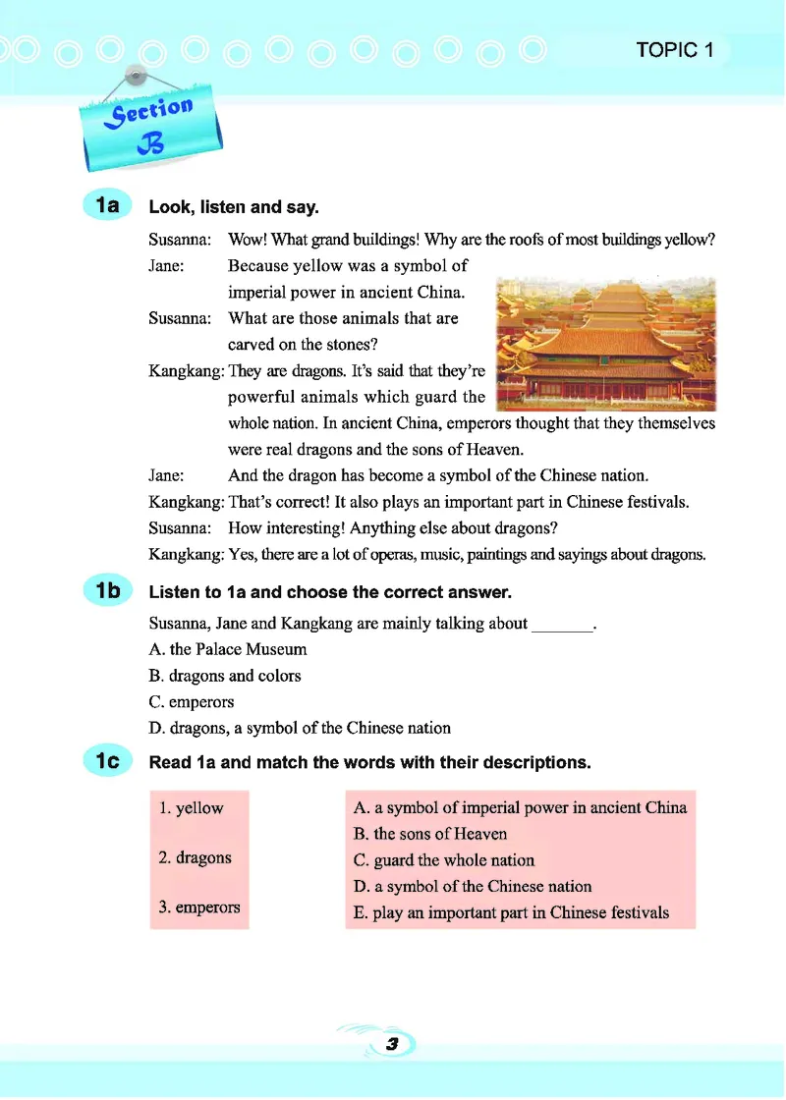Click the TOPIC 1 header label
674,50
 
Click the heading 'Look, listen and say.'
234,207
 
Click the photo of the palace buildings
606,343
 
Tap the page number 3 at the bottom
391,1045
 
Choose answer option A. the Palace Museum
227,649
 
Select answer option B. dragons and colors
224,676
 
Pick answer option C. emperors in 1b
192,702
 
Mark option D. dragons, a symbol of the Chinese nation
299,729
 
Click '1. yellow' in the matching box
192,808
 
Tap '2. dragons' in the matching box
196,857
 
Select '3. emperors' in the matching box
199,907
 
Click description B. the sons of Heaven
430,834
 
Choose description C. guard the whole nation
444,860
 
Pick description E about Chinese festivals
511,912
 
